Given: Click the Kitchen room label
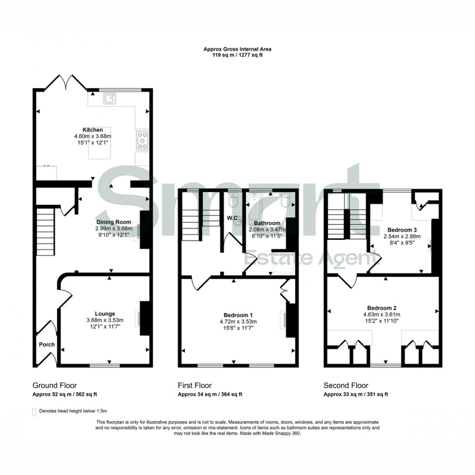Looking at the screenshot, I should point(93,130).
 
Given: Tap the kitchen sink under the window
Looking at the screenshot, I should point(111,98).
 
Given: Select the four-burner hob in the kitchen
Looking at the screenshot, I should point(142,140).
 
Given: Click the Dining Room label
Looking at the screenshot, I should point(113,222).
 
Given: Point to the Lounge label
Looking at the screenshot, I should point(105,314).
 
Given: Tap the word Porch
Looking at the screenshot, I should point(47,345).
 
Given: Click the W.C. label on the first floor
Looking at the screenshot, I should point(232,217).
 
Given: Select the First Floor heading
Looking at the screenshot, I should point(195,386).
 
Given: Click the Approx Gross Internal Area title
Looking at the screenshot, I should point(237,49).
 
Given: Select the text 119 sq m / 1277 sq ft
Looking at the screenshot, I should point(237,55).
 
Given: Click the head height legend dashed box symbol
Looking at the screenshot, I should point(34,412).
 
